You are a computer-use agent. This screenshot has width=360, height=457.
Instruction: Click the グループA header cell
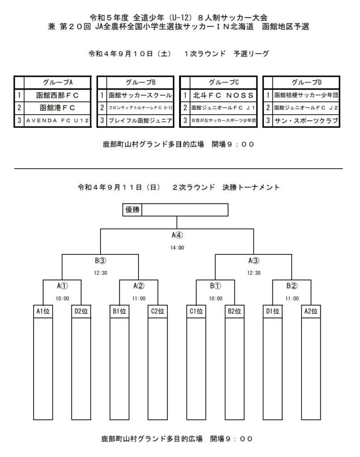58,83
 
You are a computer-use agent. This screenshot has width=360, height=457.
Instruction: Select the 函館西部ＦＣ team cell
58,96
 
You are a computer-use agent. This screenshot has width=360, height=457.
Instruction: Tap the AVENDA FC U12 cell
58,120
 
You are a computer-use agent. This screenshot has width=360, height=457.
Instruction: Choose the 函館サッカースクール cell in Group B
140,96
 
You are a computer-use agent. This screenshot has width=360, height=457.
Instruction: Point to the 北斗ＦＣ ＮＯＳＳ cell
223,96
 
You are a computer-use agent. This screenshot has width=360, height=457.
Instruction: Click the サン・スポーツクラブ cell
306,120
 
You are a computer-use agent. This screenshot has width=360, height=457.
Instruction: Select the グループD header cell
306,83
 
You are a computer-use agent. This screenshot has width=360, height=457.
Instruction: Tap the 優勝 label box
133,210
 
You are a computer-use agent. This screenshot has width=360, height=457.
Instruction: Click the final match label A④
177,235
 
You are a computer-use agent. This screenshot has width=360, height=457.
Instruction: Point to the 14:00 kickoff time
177,248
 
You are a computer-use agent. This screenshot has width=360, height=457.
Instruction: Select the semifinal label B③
100,261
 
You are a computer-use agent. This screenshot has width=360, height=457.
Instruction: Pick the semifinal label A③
254,261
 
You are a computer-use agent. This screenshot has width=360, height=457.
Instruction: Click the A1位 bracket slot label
43,311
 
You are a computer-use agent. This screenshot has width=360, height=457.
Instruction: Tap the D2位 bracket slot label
81,311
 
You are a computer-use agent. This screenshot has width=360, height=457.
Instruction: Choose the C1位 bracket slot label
196,311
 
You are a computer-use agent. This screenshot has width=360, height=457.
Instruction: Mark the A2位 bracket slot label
311,311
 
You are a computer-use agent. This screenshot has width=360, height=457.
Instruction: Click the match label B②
292,286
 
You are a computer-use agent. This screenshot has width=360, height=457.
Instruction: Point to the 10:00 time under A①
63,299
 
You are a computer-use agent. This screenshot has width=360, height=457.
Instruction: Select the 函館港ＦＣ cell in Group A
58,108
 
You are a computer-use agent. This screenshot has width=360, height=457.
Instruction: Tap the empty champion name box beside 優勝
185,210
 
